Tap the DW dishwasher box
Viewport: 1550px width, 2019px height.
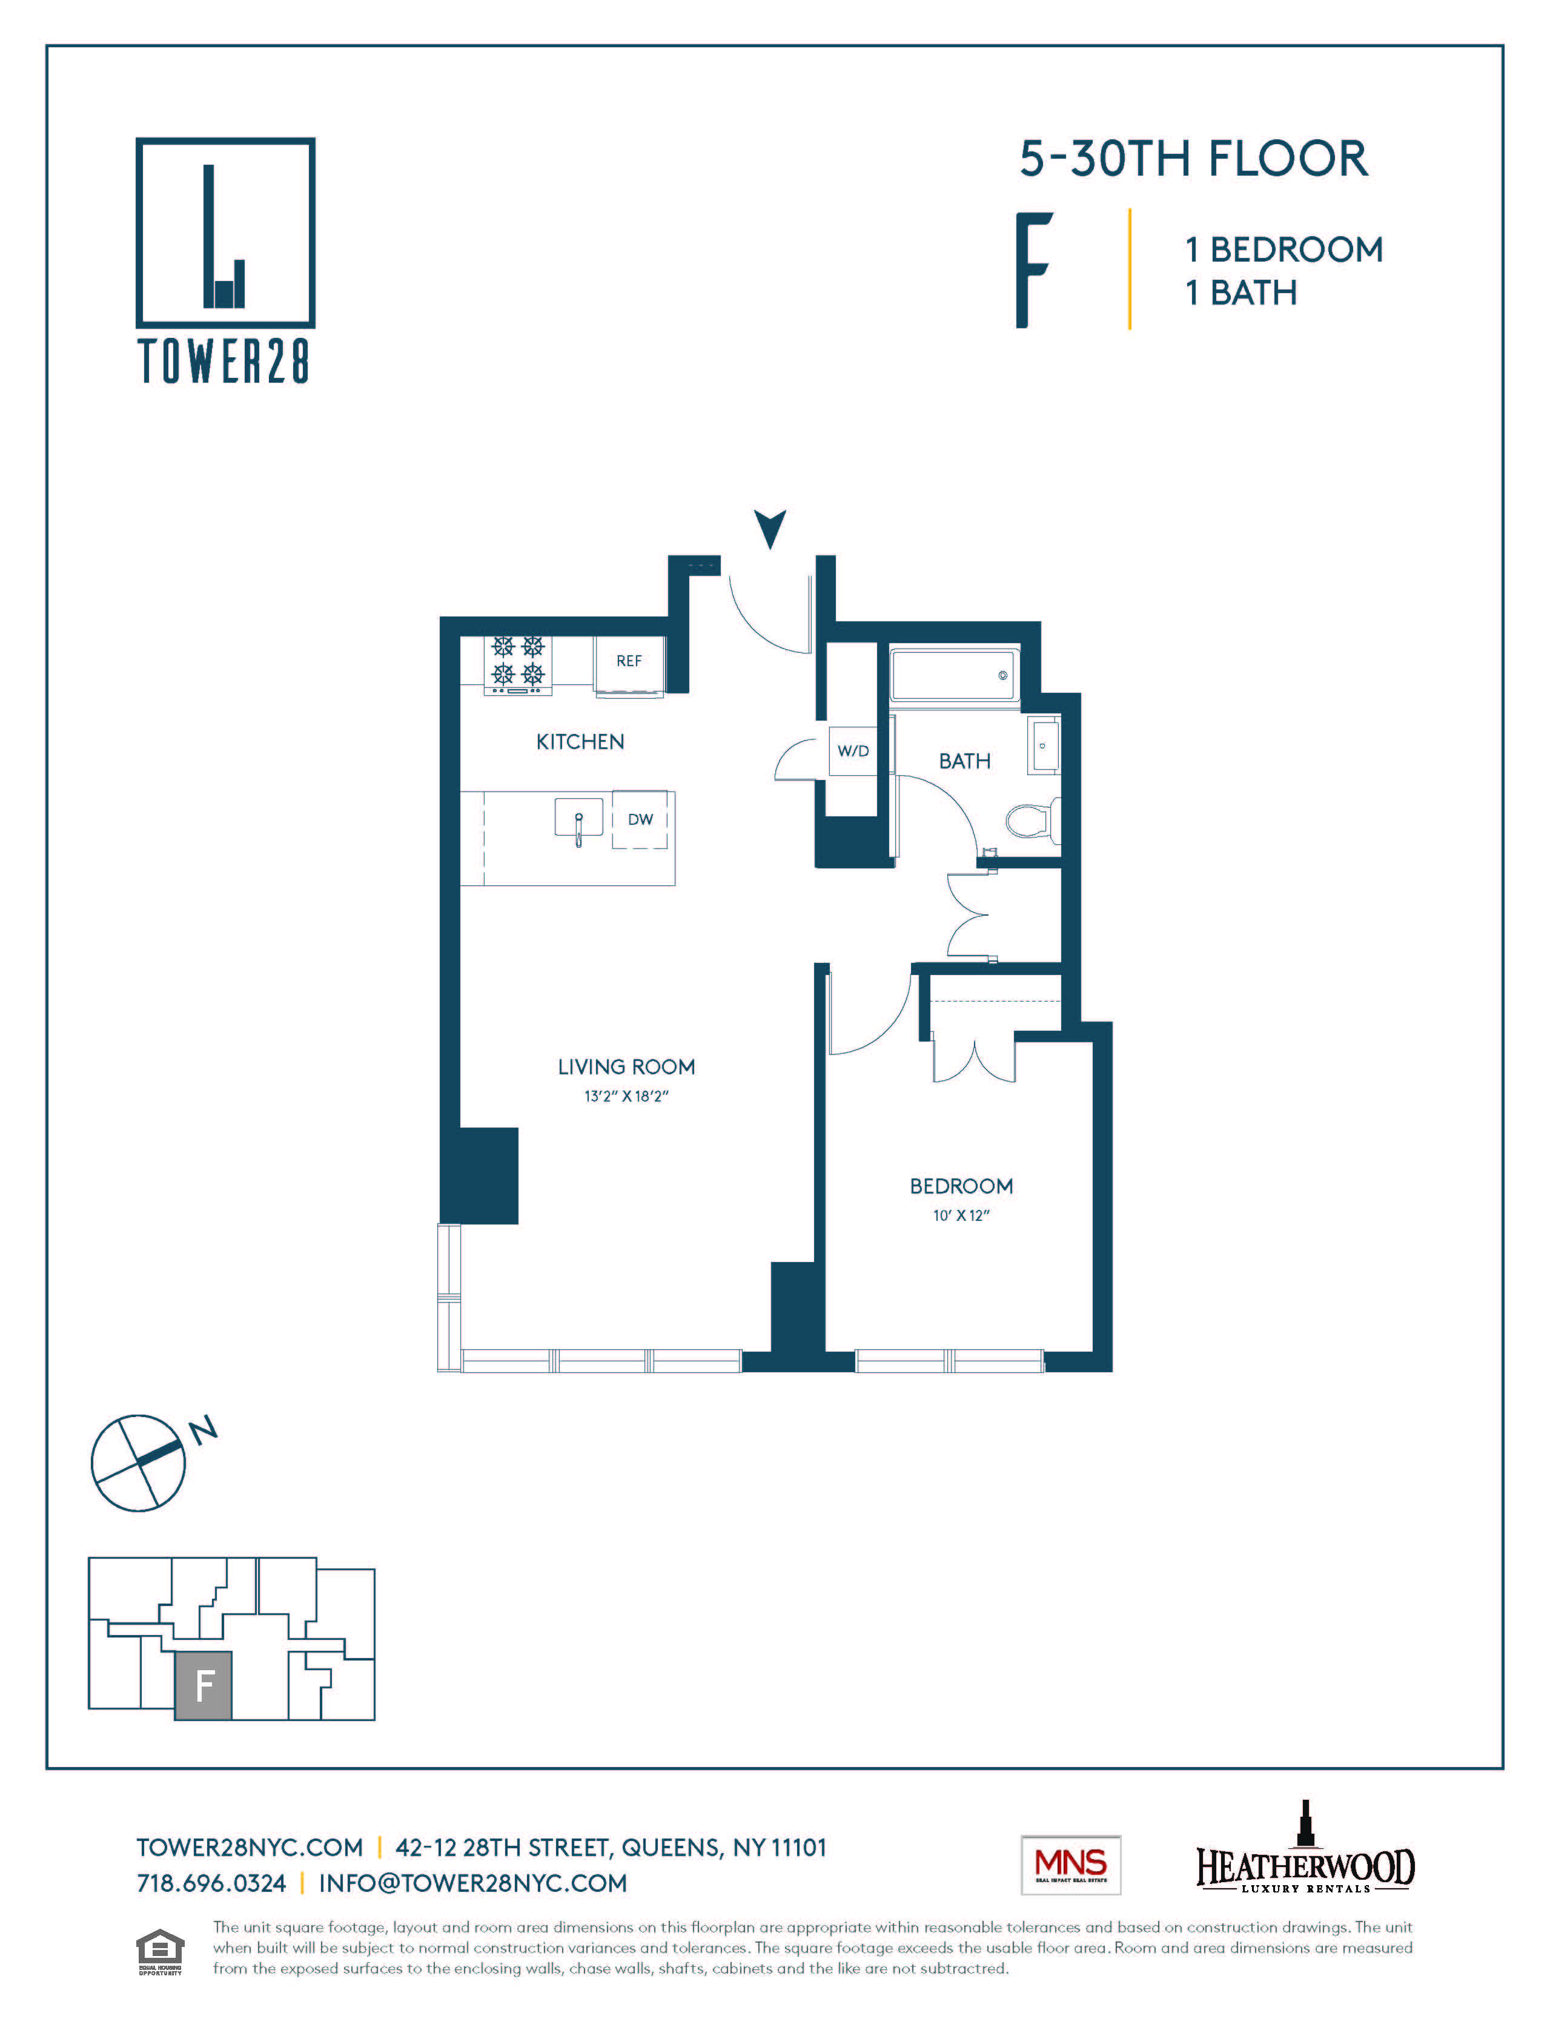640,819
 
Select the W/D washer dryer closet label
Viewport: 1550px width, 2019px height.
852,751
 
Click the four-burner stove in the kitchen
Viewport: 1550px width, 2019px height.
518,663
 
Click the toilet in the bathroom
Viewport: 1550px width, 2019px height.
1032,819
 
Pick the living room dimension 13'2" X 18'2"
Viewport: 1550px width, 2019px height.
626,1095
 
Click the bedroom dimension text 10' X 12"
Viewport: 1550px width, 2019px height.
961,1215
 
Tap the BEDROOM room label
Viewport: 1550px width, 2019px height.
961,1186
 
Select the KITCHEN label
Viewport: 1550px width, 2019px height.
580,742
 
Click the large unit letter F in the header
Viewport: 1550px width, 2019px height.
1033,270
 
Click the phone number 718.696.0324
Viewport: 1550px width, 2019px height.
211,1883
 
